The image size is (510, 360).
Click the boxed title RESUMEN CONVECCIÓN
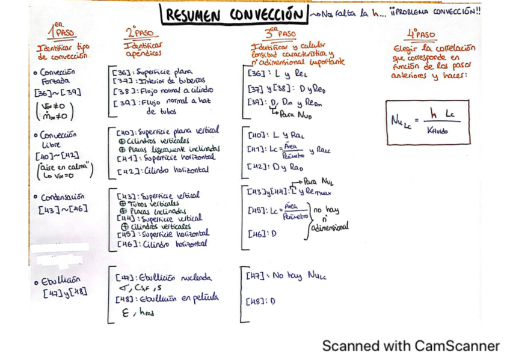pyautogui.click(x=233, y=14)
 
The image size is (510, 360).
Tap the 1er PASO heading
pyautogui.click(x=61, y=30)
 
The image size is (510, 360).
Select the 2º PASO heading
pyautogui.click(x=140, y=32)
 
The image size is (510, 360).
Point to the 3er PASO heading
pyautogui.click(x=280, y=32)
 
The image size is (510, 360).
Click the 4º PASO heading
pyautogui.click(x=420, y=34)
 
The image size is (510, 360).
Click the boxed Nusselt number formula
pyautogui.click(x=427, y=122)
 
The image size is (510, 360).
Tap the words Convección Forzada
pyautogui.click(x=57, y=76)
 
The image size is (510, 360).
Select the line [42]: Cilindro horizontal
pyautogui.click(x=162, y=170)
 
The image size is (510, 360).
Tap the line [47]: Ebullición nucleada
pyautogui.click(x=163, y=278)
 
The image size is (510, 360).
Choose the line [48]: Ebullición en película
pyautogui.click(x=167, y=298)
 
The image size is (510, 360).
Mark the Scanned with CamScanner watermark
pyautogui.click(x=410, y=346)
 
